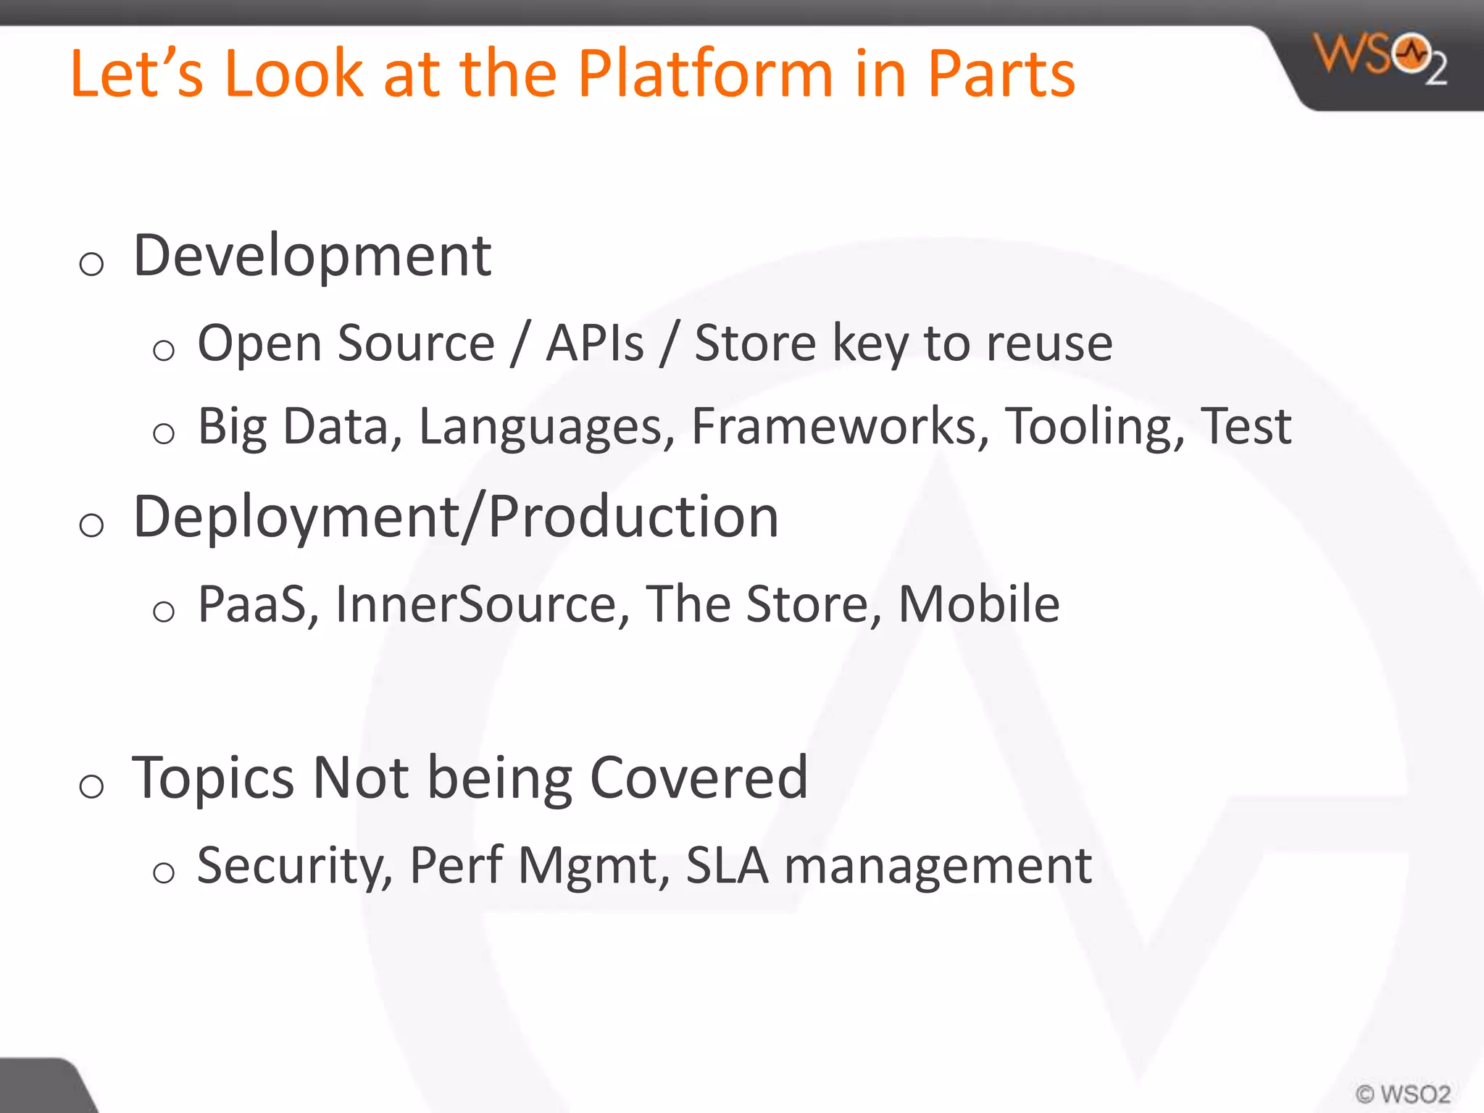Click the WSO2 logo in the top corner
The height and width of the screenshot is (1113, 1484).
tap(1380, 58)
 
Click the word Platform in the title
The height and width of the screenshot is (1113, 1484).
tap(705, 74)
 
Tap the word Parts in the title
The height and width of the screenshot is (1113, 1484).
tap(1001, 74)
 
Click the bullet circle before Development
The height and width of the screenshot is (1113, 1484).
tap(91, 264)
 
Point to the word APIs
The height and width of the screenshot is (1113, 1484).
tap(594, 343)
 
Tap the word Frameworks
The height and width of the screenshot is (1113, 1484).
tap(840, 426)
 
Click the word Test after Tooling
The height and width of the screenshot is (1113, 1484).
tap(1246, 426)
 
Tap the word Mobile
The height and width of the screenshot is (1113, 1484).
tap(979, 604)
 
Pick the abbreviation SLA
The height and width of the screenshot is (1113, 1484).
tap(727, 865)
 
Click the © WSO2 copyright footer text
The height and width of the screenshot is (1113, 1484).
tap(1403, 1093)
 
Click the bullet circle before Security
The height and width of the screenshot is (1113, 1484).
tap(164, 872)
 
